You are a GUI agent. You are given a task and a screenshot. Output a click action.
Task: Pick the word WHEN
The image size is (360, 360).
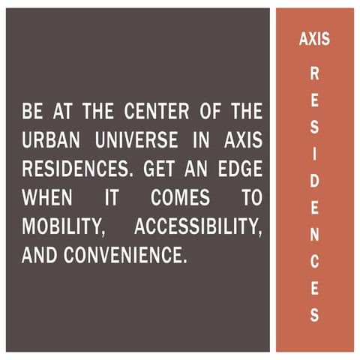(46, 199)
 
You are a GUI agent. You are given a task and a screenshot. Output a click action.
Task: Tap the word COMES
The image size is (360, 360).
(177, 199)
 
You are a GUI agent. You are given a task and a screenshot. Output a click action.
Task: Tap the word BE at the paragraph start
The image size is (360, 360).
(32, 114)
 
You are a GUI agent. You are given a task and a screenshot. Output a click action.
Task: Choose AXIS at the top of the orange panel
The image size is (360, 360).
(314, 40)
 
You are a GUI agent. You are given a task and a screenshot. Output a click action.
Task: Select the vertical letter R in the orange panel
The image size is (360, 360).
(314, 74)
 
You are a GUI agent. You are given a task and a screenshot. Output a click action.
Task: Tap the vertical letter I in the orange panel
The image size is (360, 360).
(314, 154)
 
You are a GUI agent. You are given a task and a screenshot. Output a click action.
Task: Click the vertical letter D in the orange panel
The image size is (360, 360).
(314, 181)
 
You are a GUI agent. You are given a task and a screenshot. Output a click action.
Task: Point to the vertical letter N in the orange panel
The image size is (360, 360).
(314, 234)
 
